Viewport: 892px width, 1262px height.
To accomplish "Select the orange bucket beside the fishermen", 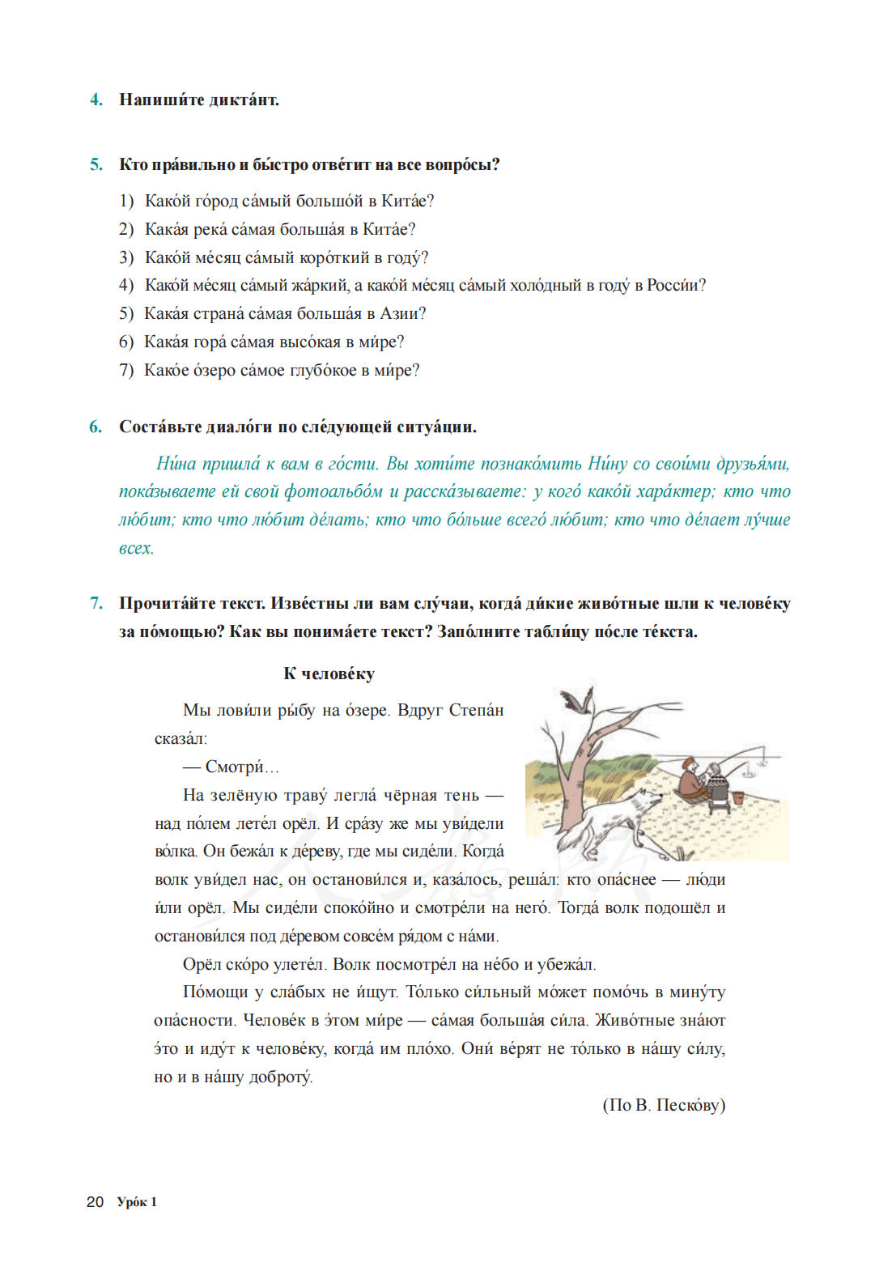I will click(737, 797).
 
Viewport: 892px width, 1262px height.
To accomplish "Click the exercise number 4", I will click(96, 100).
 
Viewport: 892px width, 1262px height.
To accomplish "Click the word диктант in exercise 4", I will click(244, 100).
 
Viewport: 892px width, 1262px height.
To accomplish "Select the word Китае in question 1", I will click(407, 201).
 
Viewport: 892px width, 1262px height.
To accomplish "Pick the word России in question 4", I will click(675, 285).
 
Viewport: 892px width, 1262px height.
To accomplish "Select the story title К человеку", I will click(329, 673).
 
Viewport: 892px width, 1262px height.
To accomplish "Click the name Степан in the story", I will click(476, 710).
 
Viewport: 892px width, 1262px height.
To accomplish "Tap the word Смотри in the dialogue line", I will click(235, 767).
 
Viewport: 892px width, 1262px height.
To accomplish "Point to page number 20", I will click(95, 1202).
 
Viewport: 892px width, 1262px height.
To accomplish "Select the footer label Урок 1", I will click(137, 1202).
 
